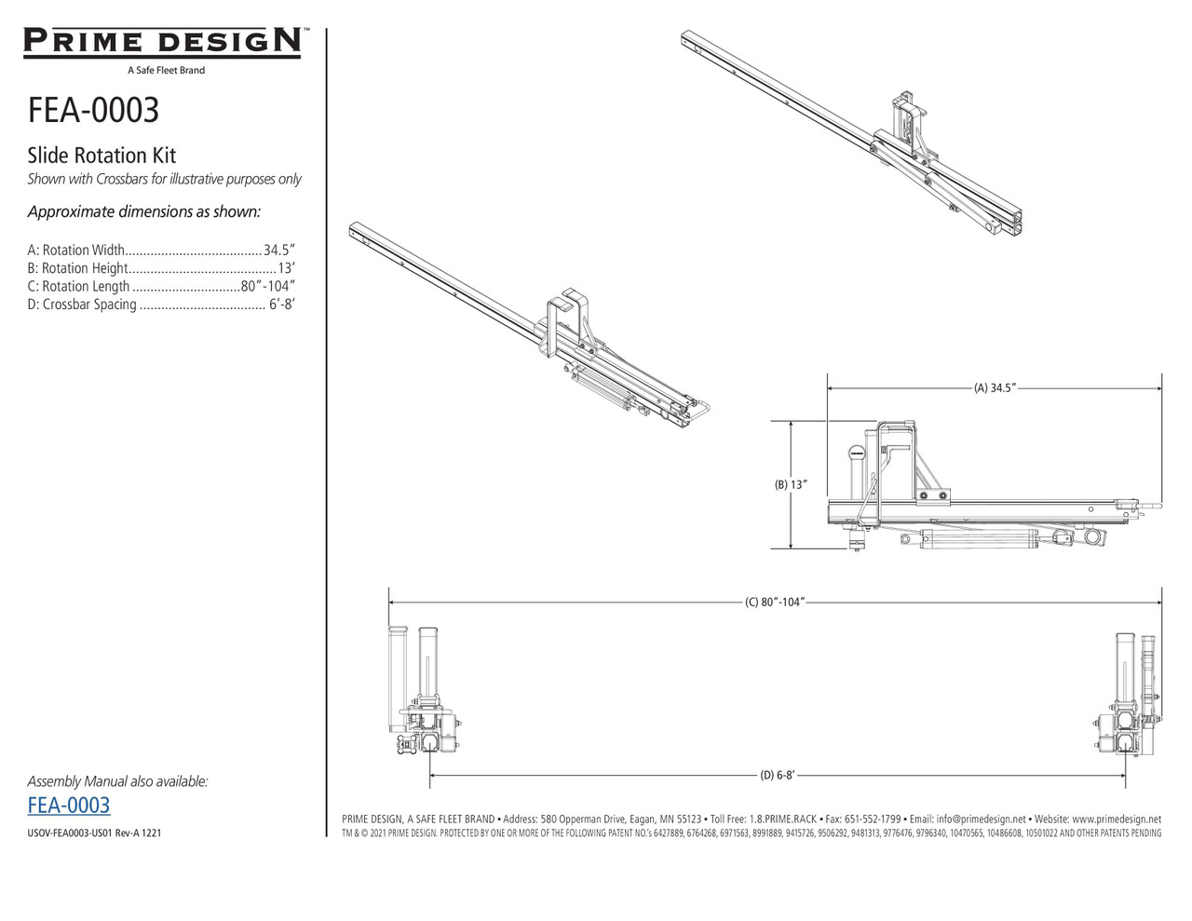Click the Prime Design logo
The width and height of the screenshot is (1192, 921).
pyautogui.click(x=163, y=43)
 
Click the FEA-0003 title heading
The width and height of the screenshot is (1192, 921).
pyautogui.click(x=93, y=110)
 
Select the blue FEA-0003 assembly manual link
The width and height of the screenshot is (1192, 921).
pyautogui.click(x=69, y=806)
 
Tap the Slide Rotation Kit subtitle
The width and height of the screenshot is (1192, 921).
pyautogui.click(x=102, y=156)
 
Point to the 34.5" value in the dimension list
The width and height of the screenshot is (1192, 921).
pyautogui.click(x=278, y=251)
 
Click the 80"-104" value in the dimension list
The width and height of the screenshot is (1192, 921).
pyautogui.click(x=267, y=287)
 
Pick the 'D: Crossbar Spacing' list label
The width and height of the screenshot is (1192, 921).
pyautogui.click(x=82, y=305)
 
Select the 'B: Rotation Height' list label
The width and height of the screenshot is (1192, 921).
pyautogui.click(x=77, y=268)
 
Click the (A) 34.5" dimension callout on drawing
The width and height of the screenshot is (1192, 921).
pyautogui.click(x=994, y=388)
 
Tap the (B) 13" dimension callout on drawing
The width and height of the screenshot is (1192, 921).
pyautogui.click(x=791, y=484)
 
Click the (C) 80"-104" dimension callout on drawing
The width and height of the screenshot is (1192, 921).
pyautogui.click(x=774, y=603)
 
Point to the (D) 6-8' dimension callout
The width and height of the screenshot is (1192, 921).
pyautogui.click(x=777, y=775)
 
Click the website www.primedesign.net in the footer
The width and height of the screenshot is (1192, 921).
pyautogui.click(x=1110, y=819)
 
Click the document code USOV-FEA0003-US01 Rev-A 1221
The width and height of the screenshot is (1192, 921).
pyautogui.click(x=94, y=833)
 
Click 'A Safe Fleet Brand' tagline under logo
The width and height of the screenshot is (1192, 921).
pyautogui.click(x=166, y=70)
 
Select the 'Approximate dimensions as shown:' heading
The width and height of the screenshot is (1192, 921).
pyautogui.click(x=143, y=211)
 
